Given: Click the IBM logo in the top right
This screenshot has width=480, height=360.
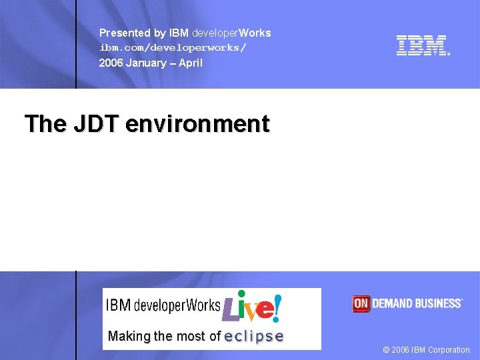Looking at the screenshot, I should coord(423,45).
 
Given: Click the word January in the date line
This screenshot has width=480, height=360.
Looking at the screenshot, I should coord(148,63).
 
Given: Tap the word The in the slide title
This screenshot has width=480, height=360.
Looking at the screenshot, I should coord(45,124).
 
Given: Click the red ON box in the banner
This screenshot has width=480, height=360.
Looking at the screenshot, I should coord(361,304).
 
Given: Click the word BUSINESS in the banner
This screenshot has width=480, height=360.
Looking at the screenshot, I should coord(436,304).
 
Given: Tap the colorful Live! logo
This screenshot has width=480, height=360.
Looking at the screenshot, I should coord(251,307).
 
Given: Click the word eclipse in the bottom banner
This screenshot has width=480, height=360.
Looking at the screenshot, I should coord(254,337).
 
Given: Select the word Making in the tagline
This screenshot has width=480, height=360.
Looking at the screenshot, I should coord(129,337).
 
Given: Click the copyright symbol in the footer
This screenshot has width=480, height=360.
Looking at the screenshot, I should coord(387,349).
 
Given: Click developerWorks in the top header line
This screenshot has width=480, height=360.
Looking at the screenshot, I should coord(231,33).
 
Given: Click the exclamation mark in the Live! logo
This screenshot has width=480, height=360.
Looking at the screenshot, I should coord(277,307).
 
